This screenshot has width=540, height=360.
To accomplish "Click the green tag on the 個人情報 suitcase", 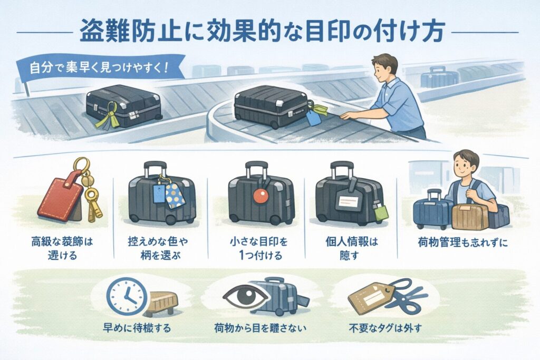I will [380, 211].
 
